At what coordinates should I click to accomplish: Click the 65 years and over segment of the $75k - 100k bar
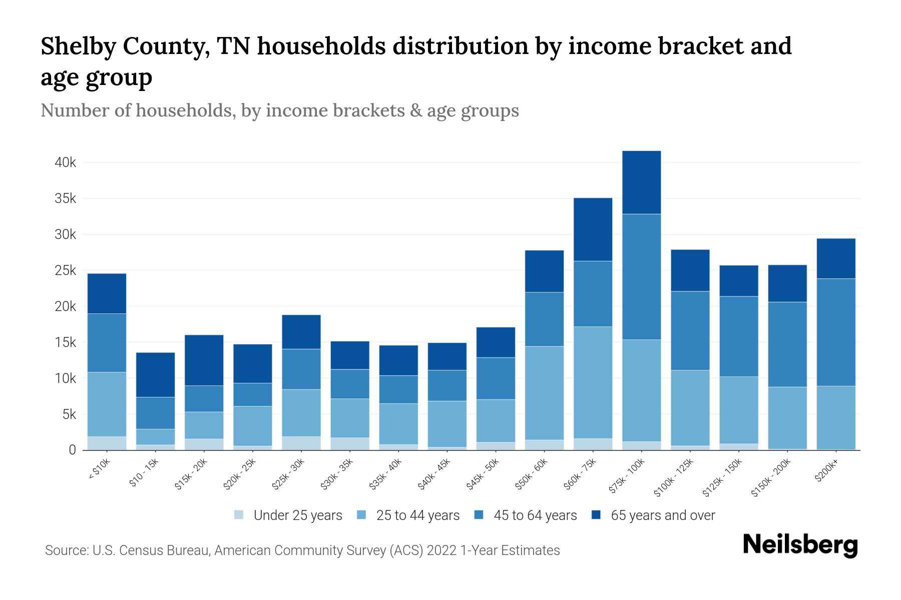point(641,182)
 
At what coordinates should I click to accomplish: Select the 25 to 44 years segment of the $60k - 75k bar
point(593,382)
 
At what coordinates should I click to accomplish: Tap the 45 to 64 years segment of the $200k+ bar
point(835,332)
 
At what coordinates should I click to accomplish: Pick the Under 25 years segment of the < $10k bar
point(107,443)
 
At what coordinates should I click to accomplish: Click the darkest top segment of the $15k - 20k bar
point(204,360)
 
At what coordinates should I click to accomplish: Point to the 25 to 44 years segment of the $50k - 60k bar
point(544,393)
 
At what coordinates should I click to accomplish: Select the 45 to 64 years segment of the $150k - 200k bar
point(787,344)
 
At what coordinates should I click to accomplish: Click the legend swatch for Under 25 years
point(239,515)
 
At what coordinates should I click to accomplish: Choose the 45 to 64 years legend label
point(535,515)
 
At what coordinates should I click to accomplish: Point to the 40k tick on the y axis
point(66,163)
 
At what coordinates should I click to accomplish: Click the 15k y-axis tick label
point(66,342)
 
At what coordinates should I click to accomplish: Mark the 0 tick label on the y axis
point(72,450)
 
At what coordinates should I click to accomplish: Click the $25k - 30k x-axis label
point(289,473)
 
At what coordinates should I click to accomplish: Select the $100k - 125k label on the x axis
point(674,477)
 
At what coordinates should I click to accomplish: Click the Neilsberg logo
point(800,545)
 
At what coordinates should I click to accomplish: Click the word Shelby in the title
point(77,47)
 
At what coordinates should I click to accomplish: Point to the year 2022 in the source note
point(441,550)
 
